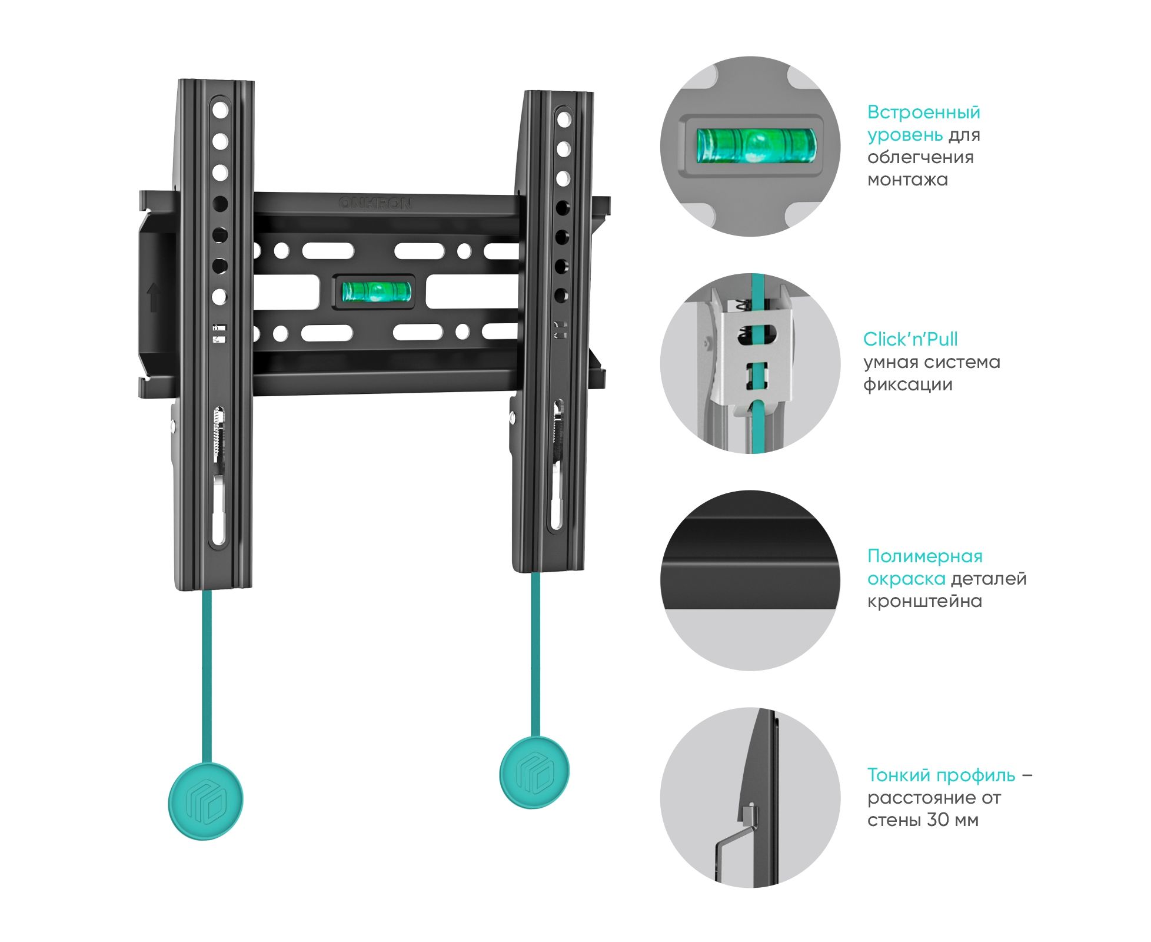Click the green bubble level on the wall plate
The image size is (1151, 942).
377,291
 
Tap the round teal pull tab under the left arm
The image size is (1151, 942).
205,801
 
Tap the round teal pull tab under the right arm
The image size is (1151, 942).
534,772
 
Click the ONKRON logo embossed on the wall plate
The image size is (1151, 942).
375,203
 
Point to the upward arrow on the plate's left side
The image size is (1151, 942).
154,297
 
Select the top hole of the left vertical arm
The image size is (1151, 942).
220,110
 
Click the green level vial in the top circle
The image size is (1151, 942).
756,145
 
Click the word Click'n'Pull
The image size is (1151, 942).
910,339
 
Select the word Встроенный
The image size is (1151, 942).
923,112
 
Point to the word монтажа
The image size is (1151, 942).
907,180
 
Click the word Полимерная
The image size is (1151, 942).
924,556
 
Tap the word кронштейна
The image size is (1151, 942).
924,602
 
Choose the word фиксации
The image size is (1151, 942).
908,385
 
